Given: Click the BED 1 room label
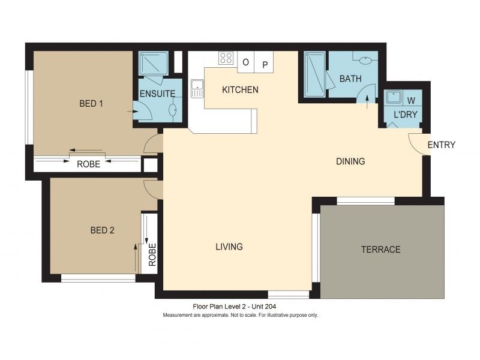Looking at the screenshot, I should [x=91, y=103].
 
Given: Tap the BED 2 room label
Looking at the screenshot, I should [x=102, y=230].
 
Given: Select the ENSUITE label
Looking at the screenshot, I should [x=157, y=94].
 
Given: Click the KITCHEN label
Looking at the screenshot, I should [x=240, y=90].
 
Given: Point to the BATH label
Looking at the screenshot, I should [x=350, y=79].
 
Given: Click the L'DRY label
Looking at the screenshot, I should [x=405, y=114].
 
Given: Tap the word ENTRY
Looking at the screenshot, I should [x=441, y=145].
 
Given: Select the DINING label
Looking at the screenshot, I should [x=350, y=161].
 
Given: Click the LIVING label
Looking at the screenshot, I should [x=229, y=247].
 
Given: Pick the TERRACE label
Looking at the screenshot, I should [x=380, y=249].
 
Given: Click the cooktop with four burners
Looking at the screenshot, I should [x=226, y=58].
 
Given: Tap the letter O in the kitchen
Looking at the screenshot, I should [x=245, y=62].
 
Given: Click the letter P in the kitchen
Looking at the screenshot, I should [x=265, y=62].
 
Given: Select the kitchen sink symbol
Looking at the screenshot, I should [x=197, y=89].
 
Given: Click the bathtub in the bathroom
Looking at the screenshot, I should [x=314, y=73].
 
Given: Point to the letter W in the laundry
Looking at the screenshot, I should [x=411, y=100].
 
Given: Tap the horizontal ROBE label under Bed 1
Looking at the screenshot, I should [x=88, y=164].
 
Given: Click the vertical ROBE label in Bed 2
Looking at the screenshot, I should [x=152, y=254].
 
